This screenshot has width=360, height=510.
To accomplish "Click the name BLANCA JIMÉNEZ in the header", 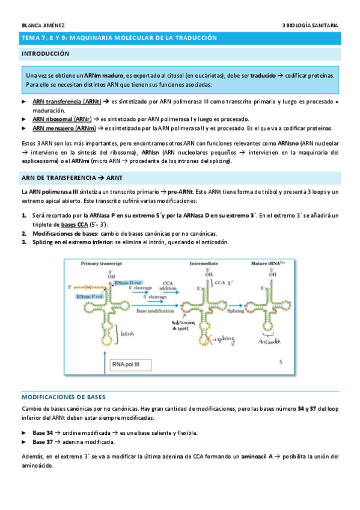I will click(x=38, y=25).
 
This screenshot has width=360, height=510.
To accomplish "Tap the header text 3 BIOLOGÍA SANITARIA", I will click(x=310, y=25).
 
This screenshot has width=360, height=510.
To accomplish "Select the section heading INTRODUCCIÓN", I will click(x=45, y=54).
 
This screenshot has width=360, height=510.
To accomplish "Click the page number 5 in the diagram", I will click(x=281, y=362).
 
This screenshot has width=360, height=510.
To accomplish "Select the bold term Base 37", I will click(x=43, y=441).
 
